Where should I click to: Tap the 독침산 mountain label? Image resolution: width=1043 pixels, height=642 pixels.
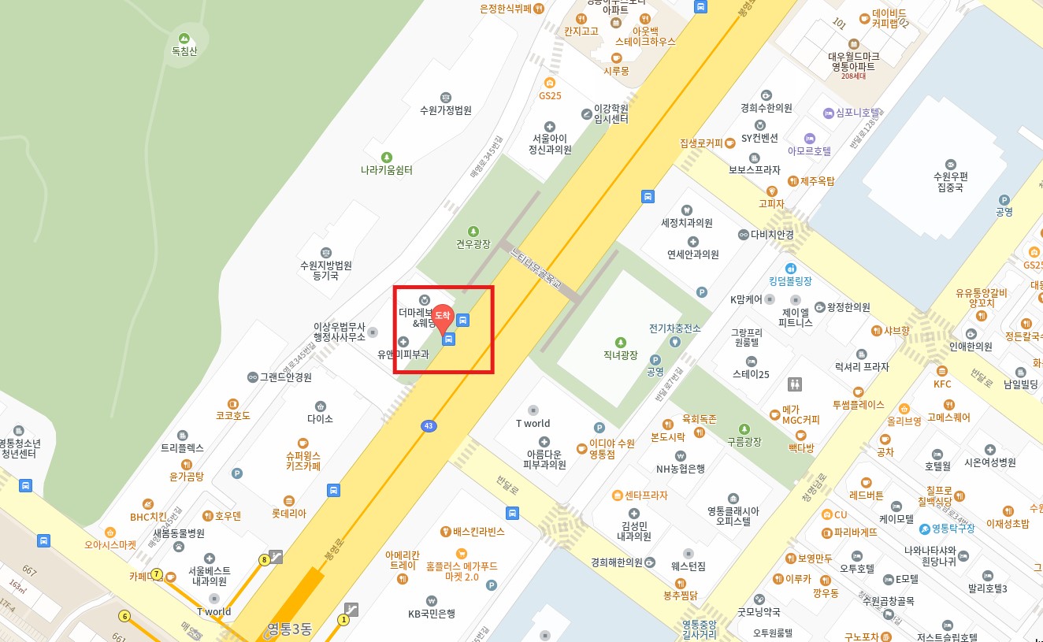click(x=184, y=50)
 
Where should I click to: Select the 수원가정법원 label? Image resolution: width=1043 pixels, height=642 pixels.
click(x=446, y=110)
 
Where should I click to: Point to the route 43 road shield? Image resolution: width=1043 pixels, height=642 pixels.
click(x=428, y=426)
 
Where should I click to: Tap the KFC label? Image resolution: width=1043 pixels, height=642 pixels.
click(x=942, y=384)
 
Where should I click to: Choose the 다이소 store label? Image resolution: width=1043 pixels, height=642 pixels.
click(x=321, y=418)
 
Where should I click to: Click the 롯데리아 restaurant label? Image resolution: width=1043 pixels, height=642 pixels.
click(x=289, y=513)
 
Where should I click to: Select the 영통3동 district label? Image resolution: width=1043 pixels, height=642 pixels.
click(x=289, y=629)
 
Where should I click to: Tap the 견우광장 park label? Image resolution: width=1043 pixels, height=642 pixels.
click(x=473, y=243)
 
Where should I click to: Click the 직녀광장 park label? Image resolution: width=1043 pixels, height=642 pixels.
click(x=621, y=355)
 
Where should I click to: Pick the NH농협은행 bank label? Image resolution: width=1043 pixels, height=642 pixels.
click(x=681, y=469)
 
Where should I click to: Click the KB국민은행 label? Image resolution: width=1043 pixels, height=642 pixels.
click(x=432, y=614)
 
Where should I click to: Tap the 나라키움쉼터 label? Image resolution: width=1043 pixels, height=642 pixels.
click(x=386, y=169)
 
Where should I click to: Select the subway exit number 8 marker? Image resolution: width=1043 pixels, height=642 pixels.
click(x=265, y=560)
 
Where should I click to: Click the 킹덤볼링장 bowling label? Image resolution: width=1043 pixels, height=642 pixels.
click(x=790, y=280)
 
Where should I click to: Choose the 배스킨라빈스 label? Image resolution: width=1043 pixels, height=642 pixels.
click(x=478, y=532)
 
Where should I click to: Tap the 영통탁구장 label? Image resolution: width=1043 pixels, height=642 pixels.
click(x=952, y=528)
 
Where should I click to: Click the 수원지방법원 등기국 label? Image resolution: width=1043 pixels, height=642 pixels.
click(x=326, y=270)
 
